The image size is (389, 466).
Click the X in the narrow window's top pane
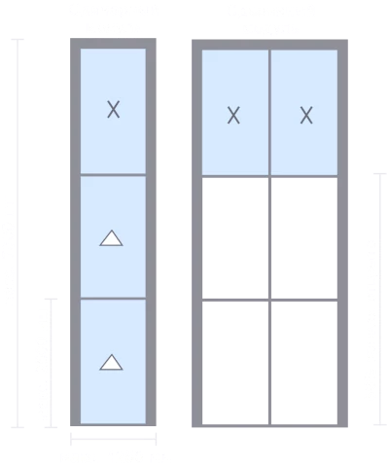(x=113, y=109)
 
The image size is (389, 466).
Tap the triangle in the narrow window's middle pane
(x=111, y=238)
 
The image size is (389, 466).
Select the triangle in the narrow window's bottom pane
(x=111, y=362)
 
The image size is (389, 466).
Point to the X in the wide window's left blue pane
(x=233, y=116)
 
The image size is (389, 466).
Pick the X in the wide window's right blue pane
(x=306, y=116)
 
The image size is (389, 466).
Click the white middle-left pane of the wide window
(x=235, y=237)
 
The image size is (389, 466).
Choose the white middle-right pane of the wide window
(x=304, y=237)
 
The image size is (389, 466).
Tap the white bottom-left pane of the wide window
(x=235, y=363)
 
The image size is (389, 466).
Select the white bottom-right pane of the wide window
(x=304, y=363)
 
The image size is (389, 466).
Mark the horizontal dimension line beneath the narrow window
(x=114, y=439)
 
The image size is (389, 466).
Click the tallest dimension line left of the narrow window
(x=18, y=233)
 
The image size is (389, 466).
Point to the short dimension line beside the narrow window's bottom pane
(x=51, y=363)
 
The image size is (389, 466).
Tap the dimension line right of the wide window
(x=380, y=299)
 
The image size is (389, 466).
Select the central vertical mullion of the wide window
(x=269, y=236)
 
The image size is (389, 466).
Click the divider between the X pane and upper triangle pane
(x=113, y=175)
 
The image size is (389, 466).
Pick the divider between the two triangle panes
(x=113, y=299)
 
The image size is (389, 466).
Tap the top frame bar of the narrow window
(x=113, y=44)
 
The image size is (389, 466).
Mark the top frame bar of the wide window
(x=269, y=45)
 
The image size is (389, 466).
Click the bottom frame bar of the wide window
(x=269, y=425)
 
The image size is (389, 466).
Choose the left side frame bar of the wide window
(x=197, y=233)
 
